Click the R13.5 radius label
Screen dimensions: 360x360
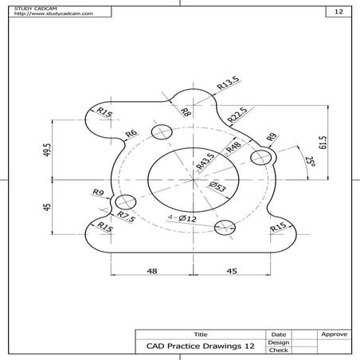click(x=229, y=83)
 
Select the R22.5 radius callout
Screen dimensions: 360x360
click(x=237, y=115)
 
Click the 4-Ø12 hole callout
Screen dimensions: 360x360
click(x=182, y=217)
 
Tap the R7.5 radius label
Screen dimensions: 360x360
click(x=125, y=216)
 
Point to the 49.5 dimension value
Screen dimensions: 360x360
click(x=48, y=151)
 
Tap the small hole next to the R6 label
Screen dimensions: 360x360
click(x=165, y=131)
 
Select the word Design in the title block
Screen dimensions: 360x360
click(x=279, y=342)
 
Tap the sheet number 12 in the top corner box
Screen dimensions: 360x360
click(x=338, y=12)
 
